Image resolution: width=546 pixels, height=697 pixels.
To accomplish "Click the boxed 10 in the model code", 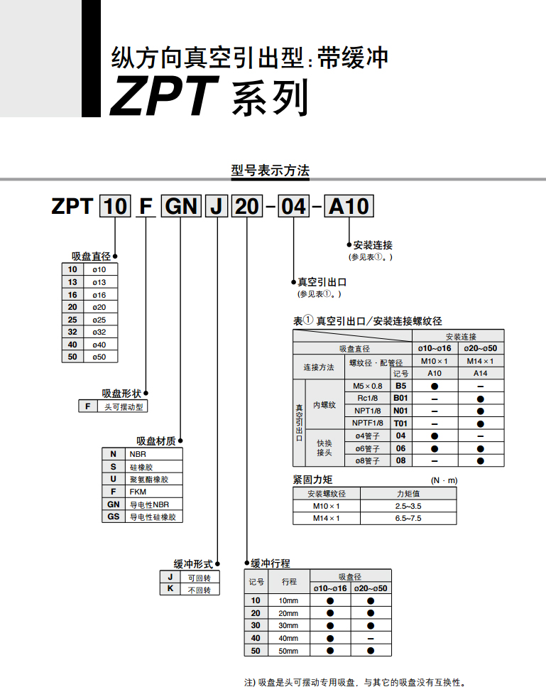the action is (x=115, y=206).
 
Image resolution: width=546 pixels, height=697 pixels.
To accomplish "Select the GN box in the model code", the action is (x=181, y=206).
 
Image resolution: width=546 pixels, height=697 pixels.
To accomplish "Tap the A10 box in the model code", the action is (x=349, y=206).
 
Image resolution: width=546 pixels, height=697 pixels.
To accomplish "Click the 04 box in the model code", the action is (x=293, y=206).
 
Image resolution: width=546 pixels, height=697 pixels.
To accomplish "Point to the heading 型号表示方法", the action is (x=270, y=171).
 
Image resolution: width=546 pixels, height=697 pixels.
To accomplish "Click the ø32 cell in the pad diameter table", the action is (x=99, y=332).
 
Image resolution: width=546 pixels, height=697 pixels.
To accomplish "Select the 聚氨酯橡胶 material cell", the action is (x=149, y=479).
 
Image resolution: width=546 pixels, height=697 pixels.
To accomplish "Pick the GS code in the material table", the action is (x=114, y=517).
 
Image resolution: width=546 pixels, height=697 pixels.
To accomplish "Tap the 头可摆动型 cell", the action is (x=124, y=406).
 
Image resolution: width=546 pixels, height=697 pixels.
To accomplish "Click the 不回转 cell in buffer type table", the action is (x=199, y=590).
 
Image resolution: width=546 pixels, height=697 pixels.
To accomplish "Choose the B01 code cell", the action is (x=400, y=399).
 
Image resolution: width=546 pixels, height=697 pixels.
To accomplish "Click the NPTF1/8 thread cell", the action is (x=367, y=423).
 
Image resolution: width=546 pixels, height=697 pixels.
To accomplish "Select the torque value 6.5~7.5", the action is (x=408, y=518).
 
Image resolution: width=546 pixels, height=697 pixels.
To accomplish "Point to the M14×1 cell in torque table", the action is (x=326, y=518).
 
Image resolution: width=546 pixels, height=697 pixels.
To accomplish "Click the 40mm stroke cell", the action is (x=288, y=638).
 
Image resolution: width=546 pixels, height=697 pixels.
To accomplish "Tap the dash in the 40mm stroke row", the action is (x=371, y=639).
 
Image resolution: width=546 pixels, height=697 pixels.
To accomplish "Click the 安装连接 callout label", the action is (x=373, y=245).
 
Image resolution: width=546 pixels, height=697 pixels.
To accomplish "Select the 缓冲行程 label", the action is (x=271, y=563).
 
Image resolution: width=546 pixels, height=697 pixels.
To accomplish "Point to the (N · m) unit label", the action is (x=444, y=480).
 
